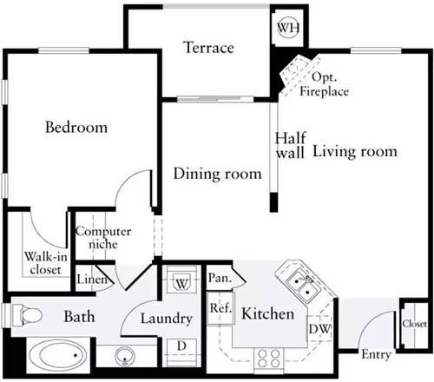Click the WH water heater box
tap(286, 27)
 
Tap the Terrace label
tap(208, 48)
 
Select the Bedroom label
tap(76, 128)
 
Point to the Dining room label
tap(217, 175)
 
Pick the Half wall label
tap(289, 145)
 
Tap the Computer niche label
tap(102, 239)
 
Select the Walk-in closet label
tap(43, 262)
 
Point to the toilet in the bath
tap(26, 314)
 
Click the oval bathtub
tap(56, 356)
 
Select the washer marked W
tap(181, 283)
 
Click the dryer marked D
tap(181, 346)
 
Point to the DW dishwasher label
tap(319, 329)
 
